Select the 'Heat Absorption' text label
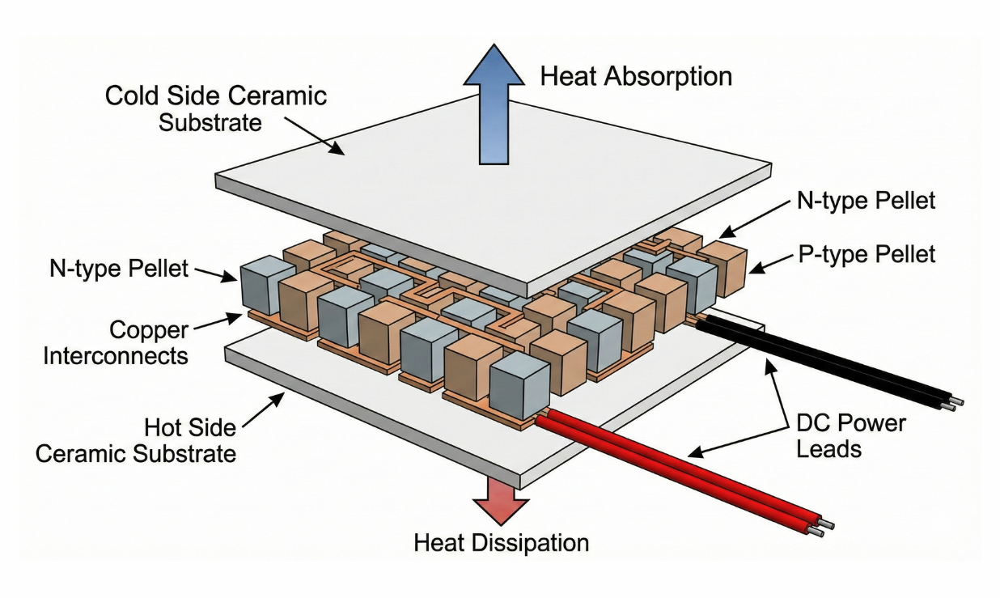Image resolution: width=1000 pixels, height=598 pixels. coord(636,76)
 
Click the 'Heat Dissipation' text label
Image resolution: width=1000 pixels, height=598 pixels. coord(501,542)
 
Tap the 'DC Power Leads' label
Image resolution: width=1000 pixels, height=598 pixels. coord(850,435)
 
